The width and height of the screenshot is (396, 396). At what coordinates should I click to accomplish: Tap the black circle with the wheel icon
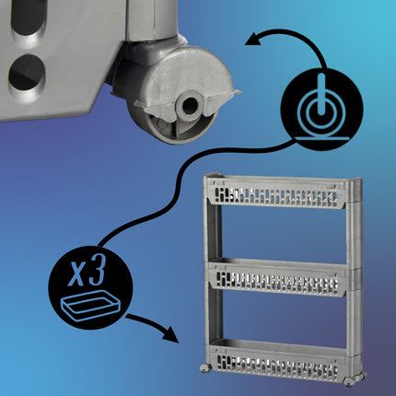pos(322,110)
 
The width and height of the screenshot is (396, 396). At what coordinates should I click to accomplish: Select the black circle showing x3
pos(90,287)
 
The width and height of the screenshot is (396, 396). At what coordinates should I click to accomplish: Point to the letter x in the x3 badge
pos(76,274)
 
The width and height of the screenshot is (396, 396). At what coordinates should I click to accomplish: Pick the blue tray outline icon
pos(89,306)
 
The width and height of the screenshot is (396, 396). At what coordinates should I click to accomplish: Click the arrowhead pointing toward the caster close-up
pos(253,40)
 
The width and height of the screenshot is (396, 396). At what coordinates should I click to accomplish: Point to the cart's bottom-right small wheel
pos(350,381)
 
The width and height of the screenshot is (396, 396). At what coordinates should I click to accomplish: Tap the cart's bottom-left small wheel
pos(205,368)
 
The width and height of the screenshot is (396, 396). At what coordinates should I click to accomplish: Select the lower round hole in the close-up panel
pos(27,73)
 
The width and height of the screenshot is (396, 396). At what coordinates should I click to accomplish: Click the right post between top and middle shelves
pos(354,237)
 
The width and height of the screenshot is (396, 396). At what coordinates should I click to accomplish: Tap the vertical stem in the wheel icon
pos(321,94)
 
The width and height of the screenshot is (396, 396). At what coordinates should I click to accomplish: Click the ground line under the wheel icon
pos(323,138)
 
